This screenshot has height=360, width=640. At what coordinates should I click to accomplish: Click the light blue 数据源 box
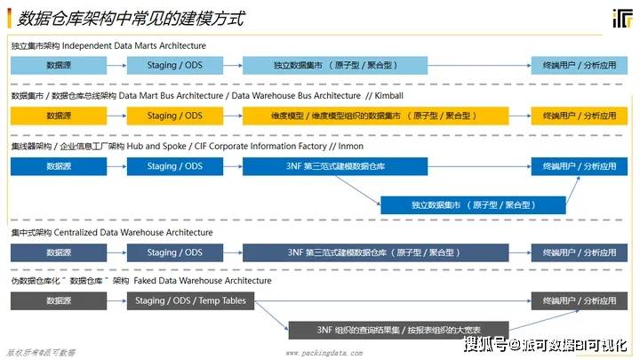pyautogui.click(x=59, y=65)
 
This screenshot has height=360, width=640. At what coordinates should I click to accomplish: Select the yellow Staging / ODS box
pyautogui.click(x=175, y=116)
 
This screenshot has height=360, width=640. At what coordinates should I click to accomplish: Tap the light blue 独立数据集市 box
pyautogui.click(x=335, y=65)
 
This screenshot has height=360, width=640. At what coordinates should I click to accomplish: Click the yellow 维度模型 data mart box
pyautogui.click(x=375, y=116)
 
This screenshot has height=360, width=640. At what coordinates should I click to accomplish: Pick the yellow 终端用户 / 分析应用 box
pyautogui.click(x=580, y=116)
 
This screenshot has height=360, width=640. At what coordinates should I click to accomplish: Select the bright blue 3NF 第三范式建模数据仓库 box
pyautogui.click(x=335, y=166)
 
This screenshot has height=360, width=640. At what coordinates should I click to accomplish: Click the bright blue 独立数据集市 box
pyautogui.click(x=473, y=205)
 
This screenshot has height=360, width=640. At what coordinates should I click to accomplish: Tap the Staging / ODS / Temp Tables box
pyautogui.click(x=190, y=300)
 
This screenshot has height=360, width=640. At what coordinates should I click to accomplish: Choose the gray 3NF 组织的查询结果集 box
pyautogui.click(x=398, y=330)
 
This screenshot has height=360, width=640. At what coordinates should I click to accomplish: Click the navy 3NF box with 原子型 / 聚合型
pyautogui.click(x=375, y=252)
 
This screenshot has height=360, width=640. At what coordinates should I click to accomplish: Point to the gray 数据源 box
pyautogui.click(x=59, y=300)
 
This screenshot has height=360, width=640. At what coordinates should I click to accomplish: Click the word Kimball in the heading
pyautogui.click(x=388, y=96)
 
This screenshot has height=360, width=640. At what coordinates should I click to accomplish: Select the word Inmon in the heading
pyautogui.click(x=350, y=146)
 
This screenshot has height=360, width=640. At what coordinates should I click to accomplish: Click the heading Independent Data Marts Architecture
pyautogui.click(x=134, y=45)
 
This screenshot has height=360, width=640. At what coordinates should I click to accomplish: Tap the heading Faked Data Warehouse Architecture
pyautogui.click(x=203, y=281)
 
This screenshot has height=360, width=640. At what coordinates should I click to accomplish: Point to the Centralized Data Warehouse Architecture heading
pyautogui.click(x=133, y=233)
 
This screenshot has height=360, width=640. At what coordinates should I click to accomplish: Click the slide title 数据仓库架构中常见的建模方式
pyautogui.click(x=131, y=19)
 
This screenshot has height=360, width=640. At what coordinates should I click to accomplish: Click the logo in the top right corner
pyautogui.click(x=622, y=19)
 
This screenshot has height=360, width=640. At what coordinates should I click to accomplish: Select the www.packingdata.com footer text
pyautogui.click(x=324, y=353)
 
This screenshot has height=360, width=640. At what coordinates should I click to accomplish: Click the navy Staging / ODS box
pyautogui.click(x=175, y=252)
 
